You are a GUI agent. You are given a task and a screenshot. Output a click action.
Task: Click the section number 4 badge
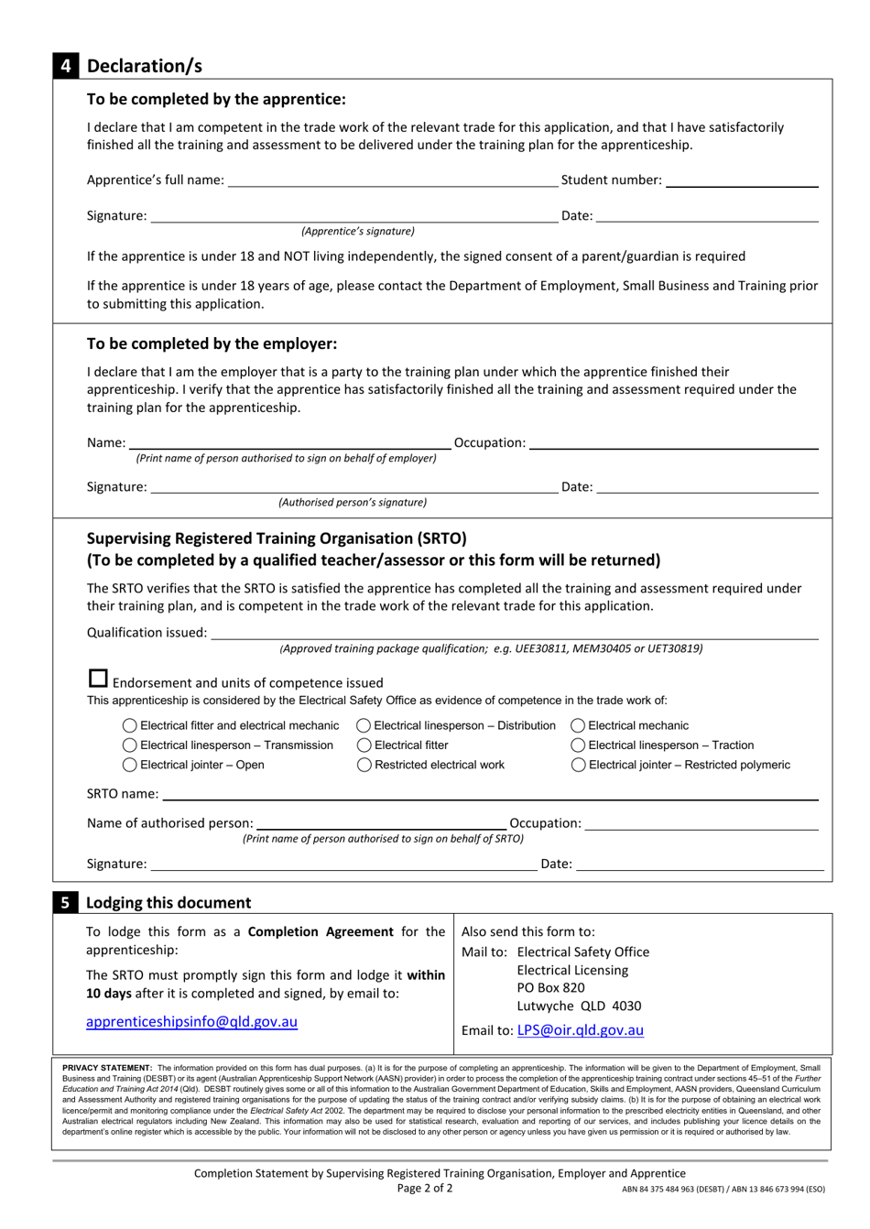tap(67, 66)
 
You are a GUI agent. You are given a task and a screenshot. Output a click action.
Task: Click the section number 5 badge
tap(66, 903)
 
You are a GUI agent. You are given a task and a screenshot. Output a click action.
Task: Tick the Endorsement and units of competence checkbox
tap(98, 680)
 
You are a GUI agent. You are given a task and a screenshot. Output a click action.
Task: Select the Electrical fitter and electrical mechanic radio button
tap(130, 725)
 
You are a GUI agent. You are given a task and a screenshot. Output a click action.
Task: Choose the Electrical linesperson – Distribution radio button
tap(364, 725)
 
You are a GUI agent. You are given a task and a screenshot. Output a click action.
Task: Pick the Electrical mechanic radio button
tap(578, 725)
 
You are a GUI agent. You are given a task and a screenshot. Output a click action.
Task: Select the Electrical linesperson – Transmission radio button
tap(130, 745)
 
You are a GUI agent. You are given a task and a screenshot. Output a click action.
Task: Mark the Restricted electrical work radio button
tap(364, 765)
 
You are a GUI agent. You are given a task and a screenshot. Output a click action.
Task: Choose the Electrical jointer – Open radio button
tap(130, 765)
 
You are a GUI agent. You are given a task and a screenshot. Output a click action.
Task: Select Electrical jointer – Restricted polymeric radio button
tap(578, 765)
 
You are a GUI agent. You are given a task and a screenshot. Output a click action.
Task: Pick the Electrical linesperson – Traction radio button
tap(578, 745)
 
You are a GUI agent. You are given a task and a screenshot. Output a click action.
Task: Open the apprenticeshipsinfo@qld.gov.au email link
tap(191, 1022)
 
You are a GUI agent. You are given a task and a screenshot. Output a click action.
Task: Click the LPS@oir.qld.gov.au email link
tap(580, 1030)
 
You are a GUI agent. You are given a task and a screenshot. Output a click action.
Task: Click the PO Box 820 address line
tap(550, 988)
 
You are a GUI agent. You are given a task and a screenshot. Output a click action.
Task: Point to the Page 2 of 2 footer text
tap(425, 1189)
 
